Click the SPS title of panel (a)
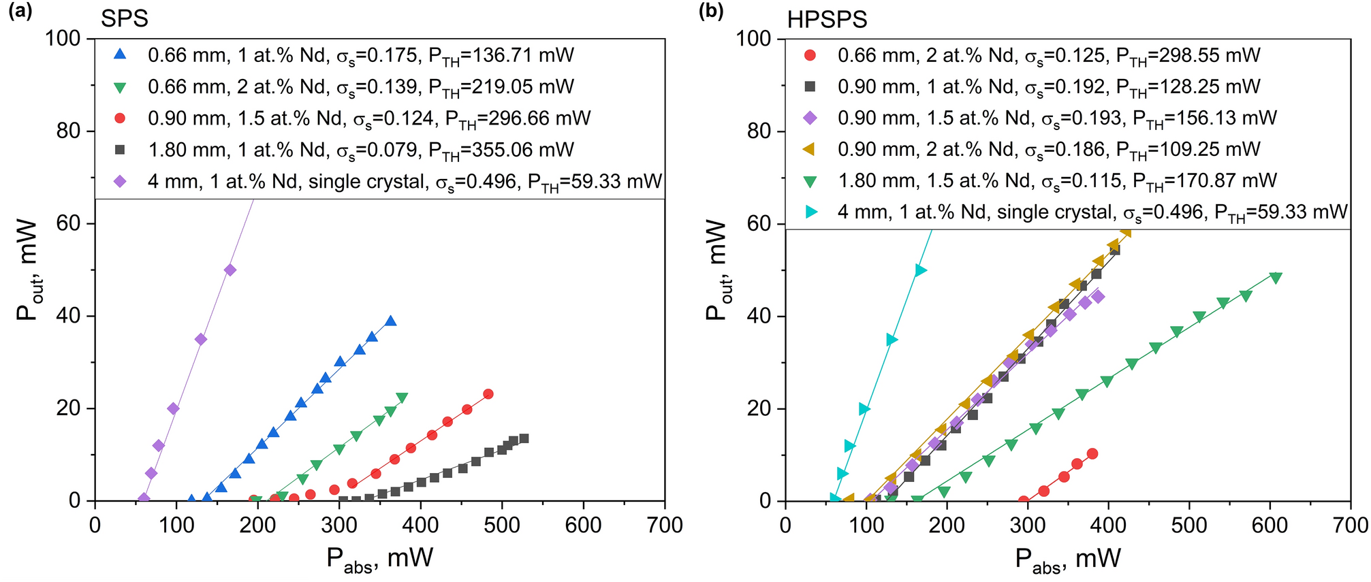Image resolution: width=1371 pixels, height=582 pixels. pos(124,18)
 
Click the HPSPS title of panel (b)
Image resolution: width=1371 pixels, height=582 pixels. pos(827,19)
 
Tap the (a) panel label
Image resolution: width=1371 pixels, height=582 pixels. pos(20,12)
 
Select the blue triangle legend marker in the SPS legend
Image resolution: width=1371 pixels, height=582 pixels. pos(120,54)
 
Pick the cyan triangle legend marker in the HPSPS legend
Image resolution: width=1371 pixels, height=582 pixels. pos(810,212)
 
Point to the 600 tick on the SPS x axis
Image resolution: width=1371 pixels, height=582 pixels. pos(583,525)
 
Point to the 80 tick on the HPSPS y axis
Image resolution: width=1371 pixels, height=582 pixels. pos(758,131)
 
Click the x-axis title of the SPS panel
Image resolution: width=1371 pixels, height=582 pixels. pos(379,559)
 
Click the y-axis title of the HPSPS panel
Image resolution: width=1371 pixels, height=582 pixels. pos(716,270)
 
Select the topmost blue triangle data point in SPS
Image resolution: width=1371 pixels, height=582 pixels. pos(390,321)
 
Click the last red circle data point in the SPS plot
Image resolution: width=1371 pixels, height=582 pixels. pos(488,394)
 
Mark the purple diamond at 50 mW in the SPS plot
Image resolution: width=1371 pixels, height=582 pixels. pos(230,270)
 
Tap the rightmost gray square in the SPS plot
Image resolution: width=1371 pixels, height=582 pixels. pos(524,438)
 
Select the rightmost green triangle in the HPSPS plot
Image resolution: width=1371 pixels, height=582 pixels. pos(1276,278)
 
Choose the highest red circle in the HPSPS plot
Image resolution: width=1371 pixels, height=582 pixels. pos(1092,453)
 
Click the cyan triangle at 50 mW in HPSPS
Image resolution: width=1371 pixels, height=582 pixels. pos(921,270)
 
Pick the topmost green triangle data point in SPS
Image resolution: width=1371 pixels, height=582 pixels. pos(402,398)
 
